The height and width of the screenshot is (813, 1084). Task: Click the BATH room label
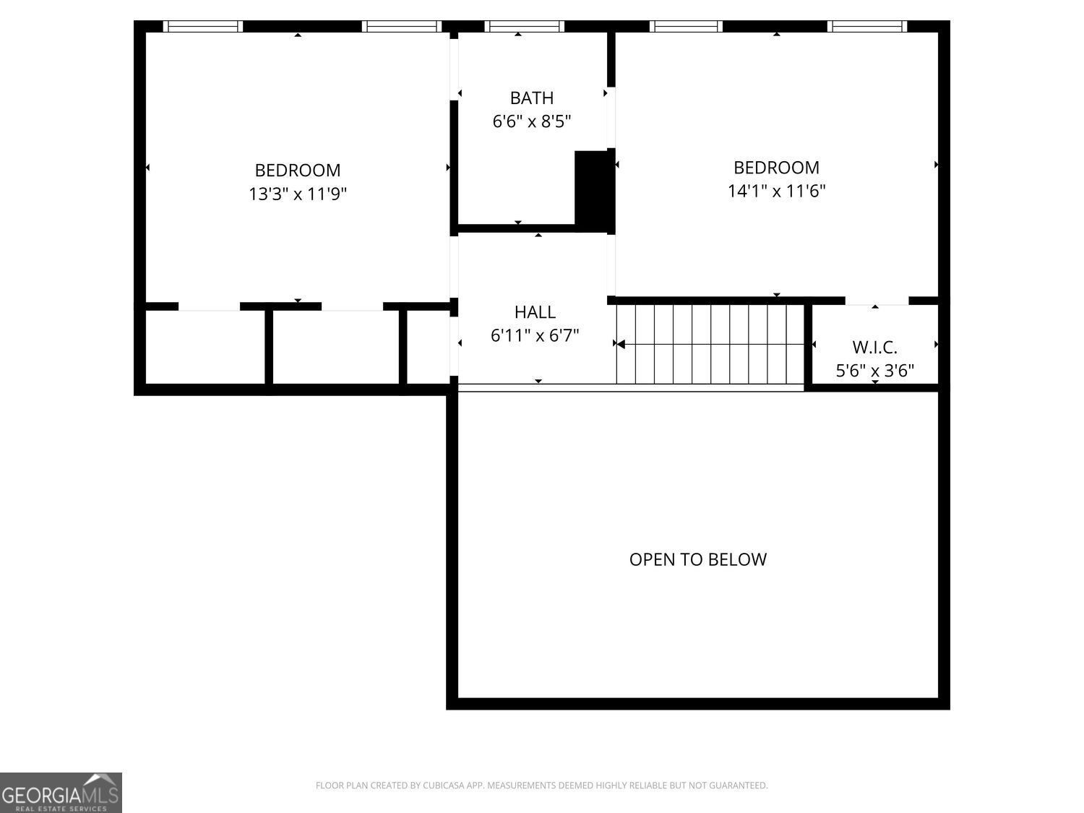tap(531, 98)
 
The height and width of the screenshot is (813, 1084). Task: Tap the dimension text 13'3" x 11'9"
tap(297, 194)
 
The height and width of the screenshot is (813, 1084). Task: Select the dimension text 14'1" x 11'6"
tap(776, 191)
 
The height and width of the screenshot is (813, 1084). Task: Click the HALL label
tap(535, 312)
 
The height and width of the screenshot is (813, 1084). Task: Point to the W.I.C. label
tap(874, 348)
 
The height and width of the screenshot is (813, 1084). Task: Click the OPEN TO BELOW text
tap(698, 559)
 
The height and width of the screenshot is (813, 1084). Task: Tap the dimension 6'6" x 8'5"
tap(531, 121)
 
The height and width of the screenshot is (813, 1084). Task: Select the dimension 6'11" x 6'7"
tap(535, 335)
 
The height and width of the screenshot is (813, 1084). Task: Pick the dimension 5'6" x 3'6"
tap(874, 371)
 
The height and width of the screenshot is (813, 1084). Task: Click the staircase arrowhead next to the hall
tap(621, 344)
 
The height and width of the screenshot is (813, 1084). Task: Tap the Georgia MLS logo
tap(61, 793)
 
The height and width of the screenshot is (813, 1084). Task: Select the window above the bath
tap(524, 26)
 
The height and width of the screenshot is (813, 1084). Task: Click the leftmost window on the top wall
tap(203, 26)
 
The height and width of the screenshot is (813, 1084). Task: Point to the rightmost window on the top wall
tap(867, 26)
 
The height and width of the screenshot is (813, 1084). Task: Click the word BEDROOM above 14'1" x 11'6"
tap(776, 168)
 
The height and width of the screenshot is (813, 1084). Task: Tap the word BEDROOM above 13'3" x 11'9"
tap(297, 171)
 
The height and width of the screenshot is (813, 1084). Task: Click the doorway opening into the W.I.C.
tap(877, 301)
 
